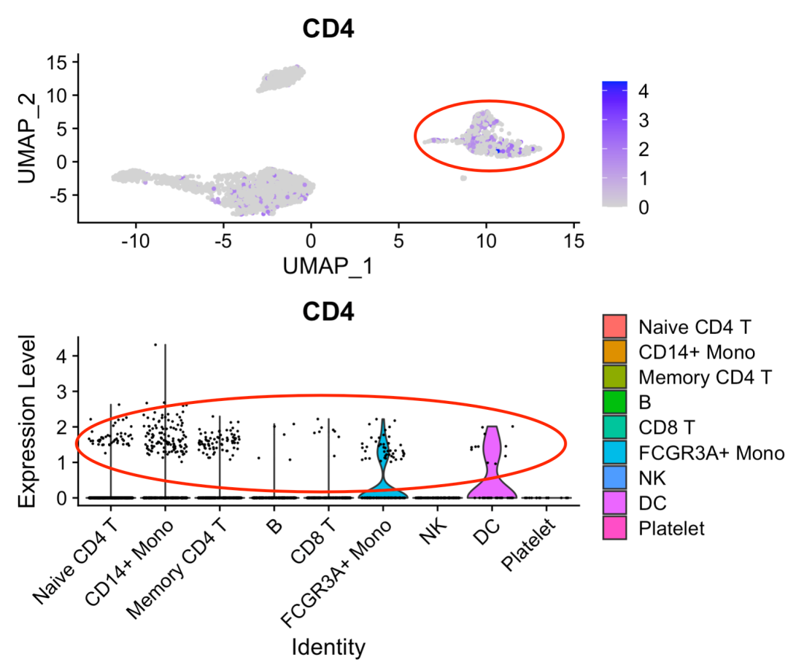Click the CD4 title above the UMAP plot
click(x=328, y=30)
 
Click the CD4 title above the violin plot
click(x=328, y=312)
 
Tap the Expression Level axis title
click(x=28, y=421)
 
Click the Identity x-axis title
click(x=328, y=646)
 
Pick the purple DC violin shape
click(x=492, y=467)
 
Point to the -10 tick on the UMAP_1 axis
click(x=135, y=240)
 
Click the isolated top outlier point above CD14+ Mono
click(x=155, y=344)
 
